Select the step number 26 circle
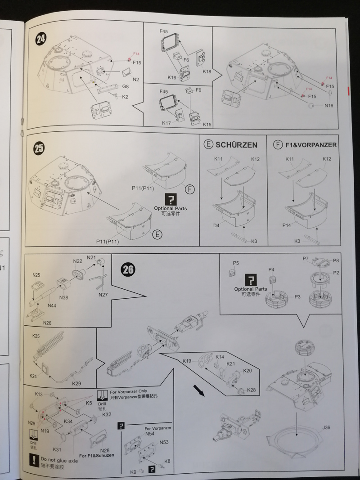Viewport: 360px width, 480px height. (x=128, y=269)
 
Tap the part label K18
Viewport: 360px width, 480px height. (x=207, y=72)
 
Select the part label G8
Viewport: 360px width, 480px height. (x=126, y=86)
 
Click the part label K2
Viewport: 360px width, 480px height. (x=125, y=97)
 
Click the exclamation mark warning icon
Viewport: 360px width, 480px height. (x=33, y=460)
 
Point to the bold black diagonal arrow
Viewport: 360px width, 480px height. (x=198, y=390)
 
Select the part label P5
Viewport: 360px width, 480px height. (x=236, y=263)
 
